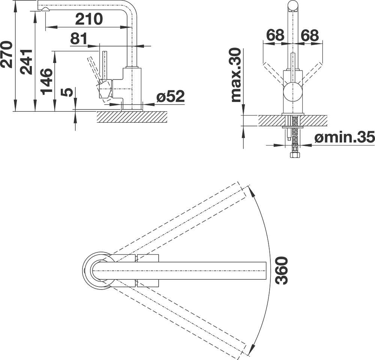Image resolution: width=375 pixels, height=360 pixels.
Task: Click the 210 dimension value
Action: pyautogui.click(x=89, y=19)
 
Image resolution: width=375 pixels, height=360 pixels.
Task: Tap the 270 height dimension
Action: pyautogui.click(x=6, y=54)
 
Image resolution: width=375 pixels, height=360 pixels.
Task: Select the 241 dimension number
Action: pyautogui.click(x=26, y=62)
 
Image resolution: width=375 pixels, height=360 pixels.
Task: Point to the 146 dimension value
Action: pyautogui.click(x=46, y=82)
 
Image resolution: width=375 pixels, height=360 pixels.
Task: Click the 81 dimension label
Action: pyautogui.click(x=79, y=39)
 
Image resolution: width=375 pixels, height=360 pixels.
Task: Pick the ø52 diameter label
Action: pyautogui.click(x=171, y=97)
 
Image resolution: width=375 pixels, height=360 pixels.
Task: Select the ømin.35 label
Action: pyautogui.click(x=344, y=137)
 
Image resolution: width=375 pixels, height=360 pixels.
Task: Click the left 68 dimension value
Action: pyautogui.click(x=275, y=35)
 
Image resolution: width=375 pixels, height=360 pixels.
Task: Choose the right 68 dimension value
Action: pyautogui.click(x=310, y=35)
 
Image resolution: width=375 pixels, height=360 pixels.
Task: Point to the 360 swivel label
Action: pyautogui.click(x=281, y=270)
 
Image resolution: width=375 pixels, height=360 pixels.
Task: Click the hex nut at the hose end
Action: pyautogui.click(x=295, y=155)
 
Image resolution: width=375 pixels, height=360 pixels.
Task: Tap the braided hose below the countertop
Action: pyautogui.click(x=295, y=133)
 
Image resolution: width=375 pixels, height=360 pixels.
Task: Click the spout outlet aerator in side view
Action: pyautogui.click(x=45, y=9)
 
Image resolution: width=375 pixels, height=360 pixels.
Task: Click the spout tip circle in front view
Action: pyautogui.click(x=293, y=6)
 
